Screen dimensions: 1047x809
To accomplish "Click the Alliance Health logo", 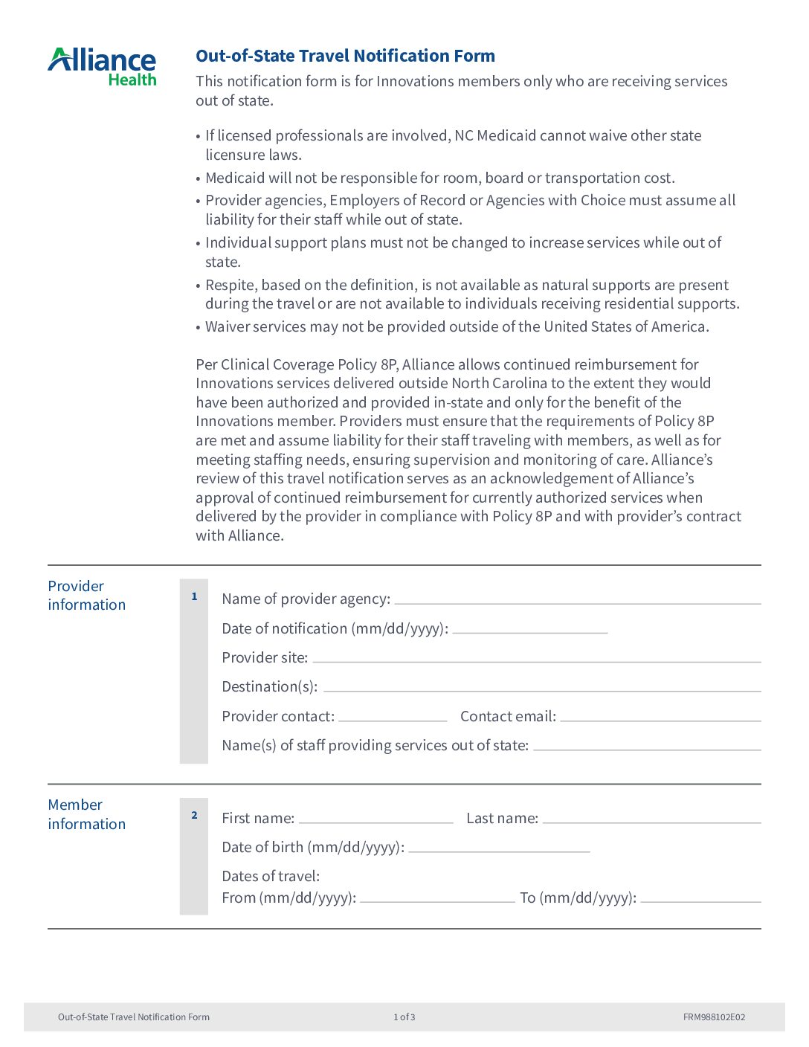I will click(102, 67).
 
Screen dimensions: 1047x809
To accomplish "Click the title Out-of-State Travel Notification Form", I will click(345, 56).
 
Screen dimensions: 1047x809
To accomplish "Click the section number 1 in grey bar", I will click(194, 596).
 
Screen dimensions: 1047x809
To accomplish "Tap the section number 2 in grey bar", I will click(194, 815).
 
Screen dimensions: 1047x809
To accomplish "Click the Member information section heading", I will click(86, 814).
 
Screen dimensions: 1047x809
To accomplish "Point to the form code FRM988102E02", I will click(714, 1017).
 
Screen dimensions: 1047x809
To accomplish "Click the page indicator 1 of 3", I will click(404, 1017).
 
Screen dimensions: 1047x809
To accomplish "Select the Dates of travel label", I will click(271, 876).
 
